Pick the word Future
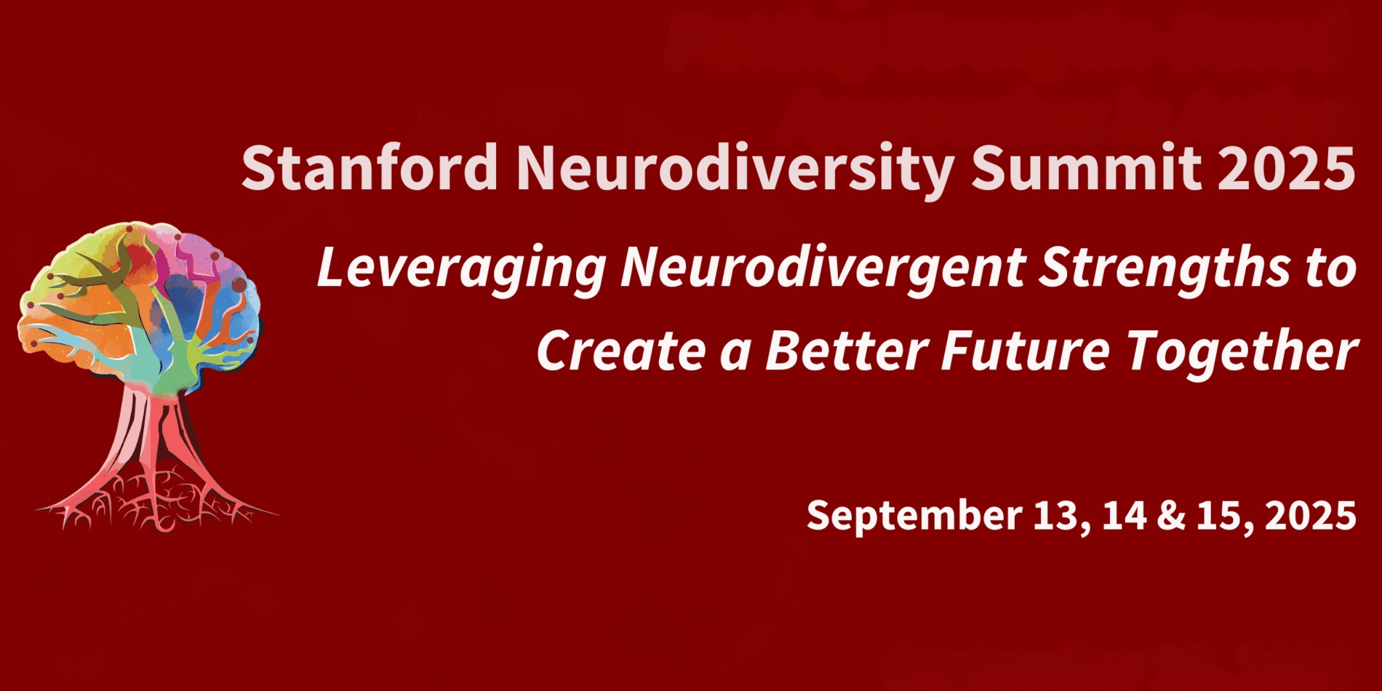pos(1025,350)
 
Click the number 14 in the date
pos(1124,515)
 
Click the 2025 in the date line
pos(1310,516)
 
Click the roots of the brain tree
pos(156,502)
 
